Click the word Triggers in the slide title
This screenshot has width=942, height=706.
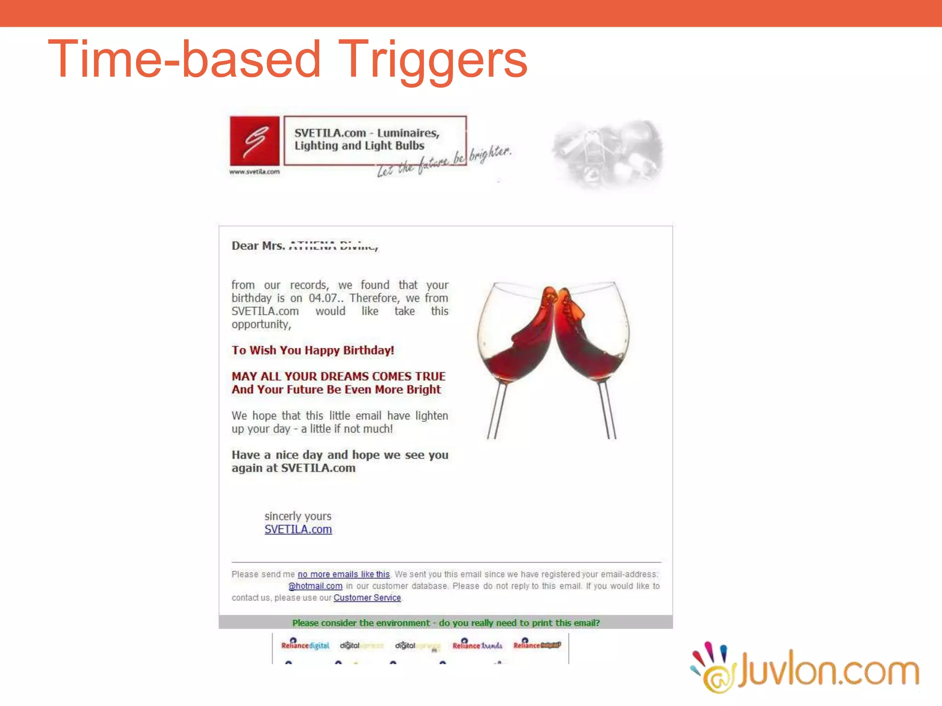435,60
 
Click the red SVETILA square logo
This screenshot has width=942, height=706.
254,141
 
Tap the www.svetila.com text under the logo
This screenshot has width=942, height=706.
254,172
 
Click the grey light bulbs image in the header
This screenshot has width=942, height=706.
607,154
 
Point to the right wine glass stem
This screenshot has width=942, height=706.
607,409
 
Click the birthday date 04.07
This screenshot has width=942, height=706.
323,298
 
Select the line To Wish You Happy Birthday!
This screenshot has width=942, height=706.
313,350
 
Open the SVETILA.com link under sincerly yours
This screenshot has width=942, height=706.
298,529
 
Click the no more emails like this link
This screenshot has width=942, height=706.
344,574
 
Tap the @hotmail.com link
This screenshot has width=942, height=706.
316,586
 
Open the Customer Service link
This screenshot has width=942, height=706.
367,598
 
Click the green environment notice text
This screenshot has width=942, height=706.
446,623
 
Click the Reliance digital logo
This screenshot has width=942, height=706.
305,645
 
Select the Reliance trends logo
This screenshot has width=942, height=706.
477,645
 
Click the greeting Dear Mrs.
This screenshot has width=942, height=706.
258,246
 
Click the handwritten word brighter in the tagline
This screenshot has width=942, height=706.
490,154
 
